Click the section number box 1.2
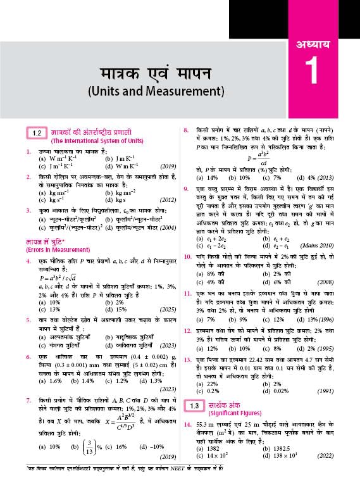point(37,133)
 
